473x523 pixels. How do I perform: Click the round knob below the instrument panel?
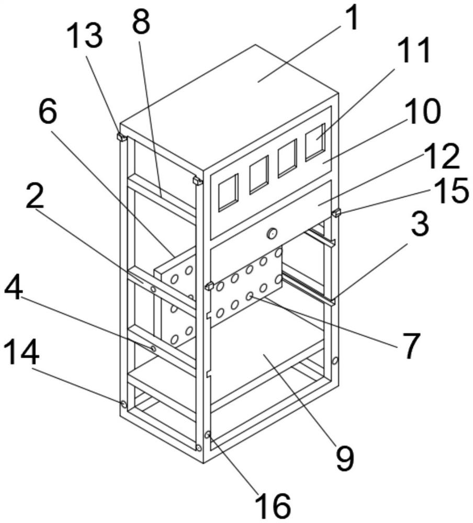coord(272,233)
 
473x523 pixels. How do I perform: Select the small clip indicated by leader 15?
coord(337,212)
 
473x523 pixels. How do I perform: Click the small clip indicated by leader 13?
coord(121,138)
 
